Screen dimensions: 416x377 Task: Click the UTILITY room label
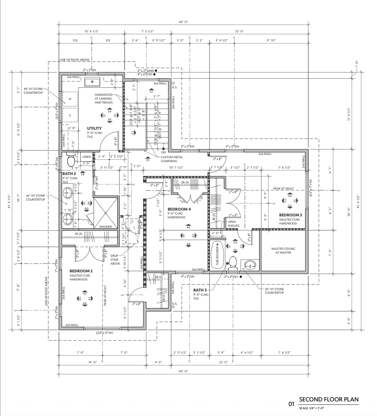coord(94,128)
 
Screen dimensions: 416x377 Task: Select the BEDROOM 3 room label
coord(291,215)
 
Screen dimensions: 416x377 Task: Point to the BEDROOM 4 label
coord(179,209)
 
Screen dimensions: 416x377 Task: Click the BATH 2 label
coord(69,174)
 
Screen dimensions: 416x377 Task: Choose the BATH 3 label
coord(200,290)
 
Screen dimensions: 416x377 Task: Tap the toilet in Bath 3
coord(233,263)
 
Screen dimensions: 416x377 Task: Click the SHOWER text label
coord(105,226)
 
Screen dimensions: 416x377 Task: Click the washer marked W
coord(70,99)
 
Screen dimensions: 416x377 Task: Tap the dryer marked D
coord(70,115)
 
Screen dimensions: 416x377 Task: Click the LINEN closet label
coord(86,157)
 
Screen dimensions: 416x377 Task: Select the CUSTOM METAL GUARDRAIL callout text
coord(172,159)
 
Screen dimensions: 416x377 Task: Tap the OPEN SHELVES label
coord(234,224)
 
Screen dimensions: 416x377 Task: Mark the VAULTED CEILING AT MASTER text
coord(283,250)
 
